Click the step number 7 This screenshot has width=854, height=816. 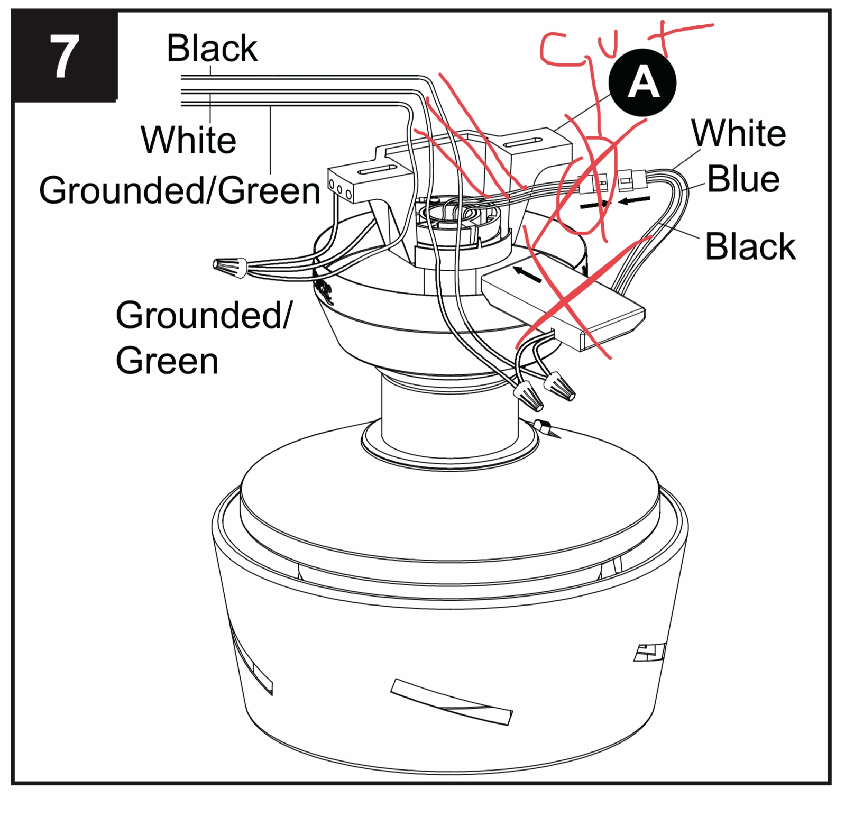pyautogui.click(x=63, y=57)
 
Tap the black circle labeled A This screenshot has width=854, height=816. pyautogui.click(x=642, y=83)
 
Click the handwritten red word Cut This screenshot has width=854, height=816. pyautogui.click(x=608, y=48)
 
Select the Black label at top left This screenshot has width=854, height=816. pyautogui.click(x=212, y=48)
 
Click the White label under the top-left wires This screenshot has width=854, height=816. pyautogui.click(x=188, y=140)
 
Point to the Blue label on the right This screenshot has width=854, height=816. pyautogui.click(x=743, y=179)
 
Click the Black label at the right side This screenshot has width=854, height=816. pyautogui.click(x=750, y=246)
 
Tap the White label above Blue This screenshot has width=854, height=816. pyautogui.click(x=739, y=133)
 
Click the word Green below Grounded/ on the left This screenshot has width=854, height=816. pyautogui.click(x=167, y=361)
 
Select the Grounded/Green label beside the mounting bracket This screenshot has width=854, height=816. pyautogui.click(x=180, y=190)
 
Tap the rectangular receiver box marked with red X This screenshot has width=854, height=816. pyautogui.click(x=563, y=307)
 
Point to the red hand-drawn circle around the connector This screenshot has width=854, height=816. pyautogui.click(x=587, y=185)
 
